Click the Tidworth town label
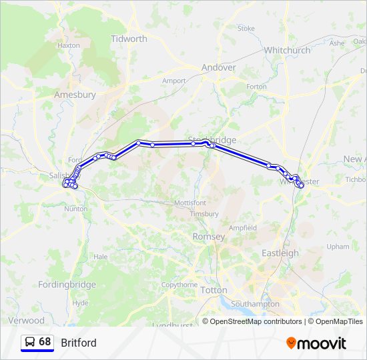coord(129,39)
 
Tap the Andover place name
coord(219,67)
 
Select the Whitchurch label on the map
coord(287,50)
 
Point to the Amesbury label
coord(75,95)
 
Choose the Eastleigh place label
coord(280,253)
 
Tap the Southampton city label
coord(255,304)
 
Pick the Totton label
coord(214,291)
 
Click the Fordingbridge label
coord(67,285)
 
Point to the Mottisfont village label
coord(190,202)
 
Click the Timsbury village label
coord(204,214)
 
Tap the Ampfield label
coord(243,227)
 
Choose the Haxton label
coord(69,45)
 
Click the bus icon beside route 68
coord(30,342)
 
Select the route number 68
coord(45,342)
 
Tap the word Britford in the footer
coord(79,343)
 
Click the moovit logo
coord(316,343)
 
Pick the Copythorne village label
coord(179,285)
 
